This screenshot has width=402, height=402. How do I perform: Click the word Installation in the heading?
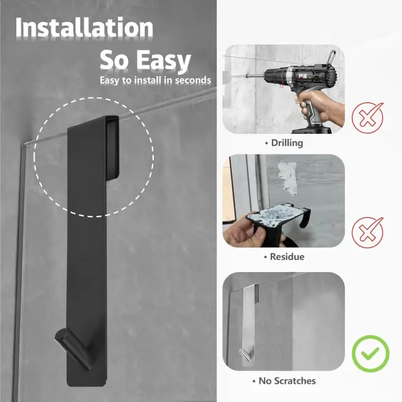(84, 28)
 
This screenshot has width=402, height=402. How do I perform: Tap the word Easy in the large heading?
(163, 61)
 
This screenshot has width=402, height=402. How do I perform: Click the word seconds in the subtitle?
(193, 80)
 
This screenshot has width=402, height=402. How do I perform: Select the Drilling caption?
(284, 143)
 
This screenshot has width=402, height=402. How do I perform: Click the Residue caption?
(285, 257)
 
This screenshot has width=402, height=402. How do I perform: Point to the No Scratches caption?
(284, 381)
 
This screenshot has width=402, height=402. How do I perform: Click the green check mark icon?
(371, 354)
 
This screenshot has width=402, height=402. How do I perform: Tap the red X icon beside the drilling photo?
(367, 117)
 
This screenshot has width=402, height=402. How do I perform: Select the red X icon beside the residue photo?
(367, 232)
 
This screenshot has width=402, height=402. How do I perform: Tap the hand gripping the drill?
(320, 107)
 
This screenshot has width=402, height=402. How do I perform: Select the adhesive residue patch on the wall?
(288, 178)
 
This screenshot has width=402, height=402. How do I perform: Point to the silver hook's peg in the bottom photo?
(244, 354)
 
